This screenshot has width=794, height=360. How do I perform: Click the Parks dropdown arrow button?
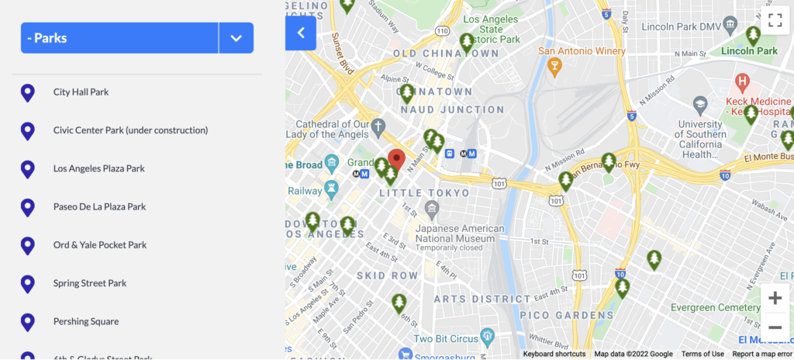(236, 38)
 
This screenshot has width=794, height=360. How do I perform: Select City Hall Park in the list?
(81, 92)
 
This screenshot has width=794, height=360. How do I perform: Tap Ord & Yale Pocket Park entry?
(99, 245)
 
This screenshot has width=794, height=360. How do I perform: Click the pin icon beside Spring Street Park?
(27, 284)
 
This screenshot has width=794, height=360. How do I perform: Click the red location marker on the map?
(396, 159)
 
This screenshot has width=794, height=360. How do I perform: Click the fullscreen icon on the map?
(774, 21)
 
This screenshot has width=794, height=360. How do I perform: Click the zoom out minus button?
(775, 327)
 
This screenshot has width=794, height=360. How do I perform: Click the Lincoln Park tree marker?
(752, 36)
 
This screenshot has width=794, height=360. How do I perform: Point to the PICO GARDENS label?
(555, 315)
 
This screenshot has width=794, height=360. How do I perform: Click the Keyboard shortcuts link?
(554, 354)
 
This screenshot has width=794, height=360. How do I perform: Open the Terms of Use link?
(703, 354)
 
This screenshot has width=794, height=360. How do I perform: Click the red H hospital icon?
(742, 81)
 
